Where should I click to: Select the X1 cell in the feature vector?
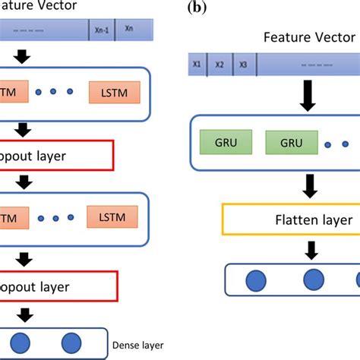tap(197, 65)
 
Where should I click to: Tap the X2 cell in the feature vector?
tap(219, 65)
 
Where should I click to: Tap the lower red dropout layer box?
tap(58, 287)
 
